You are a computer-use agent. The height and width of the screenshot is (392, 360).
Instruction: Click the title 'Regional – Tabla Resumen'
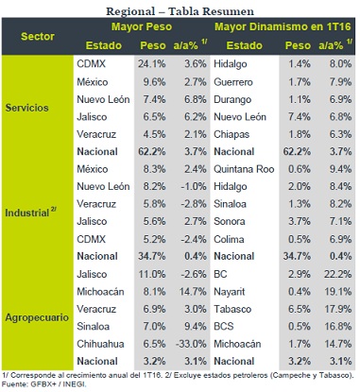tap(180, 11)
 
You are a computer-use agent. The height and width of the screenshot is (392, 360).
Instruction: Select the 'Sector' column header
tap(38, 36)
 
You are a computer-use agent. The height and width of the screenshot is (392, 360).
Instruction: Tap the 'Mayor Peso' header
tap(142, 26)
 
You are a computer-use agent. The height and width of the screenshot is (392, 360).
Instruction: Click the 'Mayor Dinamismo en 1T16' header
tap(283, 26)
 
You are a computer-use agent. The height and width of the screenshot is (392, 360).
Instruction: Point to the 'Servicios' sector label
tap(26, 108)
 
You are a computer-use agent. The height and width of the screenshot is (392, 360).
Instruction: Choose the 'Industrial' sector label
tap(30, 213)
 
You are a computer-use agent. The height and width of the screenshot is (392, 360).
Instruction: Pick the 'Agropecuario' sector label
tap(37, 317)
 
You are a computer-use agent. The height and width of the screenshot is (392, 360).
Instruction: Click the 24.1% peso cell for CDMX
tap(151, 64)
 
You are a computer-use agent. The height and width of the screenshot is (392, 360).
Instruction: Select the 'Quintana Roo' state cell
tap(244, 169)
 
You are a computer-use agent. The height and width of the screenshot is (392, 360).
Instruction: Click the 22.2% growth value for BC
tap(337, 274)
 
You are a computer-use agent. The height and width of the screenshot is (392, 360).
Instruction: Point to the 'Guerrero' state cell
tap(233, 82)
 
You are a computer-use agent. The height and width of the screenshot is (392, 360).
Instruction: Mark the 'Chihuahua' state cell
tap(100, 344)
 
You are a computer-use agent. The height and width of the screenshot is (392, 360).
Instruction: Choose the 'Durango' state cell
tap(232, 100)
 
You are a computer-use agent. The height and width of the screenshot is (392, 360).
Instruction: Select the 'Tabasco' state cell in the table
tap(232, 309)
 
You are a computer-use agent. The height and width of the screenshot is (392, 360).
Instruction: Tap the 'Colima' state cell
tap(229, 239)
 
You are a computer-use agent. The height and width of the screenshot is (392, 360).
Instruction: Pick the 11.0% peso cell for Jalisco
tap(152, 274)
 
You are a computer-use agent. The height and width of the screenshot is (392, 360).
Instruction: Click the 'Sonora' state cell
tap(230, 221)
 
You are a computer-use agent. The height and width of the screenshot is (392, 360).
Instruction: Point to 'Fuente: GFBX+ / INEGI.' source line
tap(43, 384)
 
